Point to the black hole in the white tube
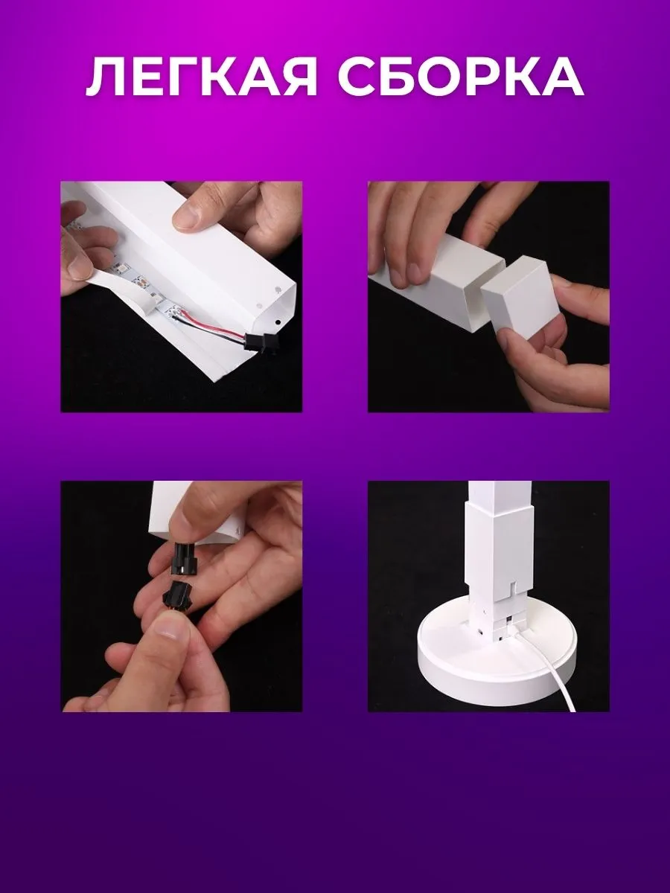tap(278, 321)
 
